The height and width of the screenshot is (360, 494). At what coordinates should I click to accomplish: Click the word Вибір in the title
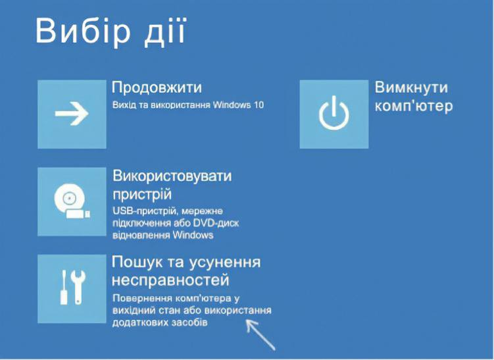coord(82,31)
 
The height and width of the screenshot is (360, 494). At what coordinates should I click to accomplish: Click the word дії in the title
coord(164,31)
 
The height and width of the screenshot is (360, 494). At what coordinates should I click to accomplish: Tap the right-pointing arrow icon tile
coord(72,114)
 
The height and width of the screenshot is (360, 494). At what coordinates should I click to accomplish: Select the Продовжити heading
coord(157,88)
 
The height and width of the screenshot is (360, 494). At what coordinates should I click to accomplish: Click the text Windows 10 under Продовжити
coord(238,105)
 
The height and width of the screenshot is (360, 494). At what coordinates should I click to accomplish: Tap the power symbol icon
coord(334,113)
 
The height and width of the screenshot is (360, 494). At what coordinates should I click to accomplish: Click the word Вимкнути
coord(411,88)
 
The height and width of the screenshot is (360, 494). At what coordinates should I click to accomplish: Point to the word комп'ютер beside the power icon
coord(413,106)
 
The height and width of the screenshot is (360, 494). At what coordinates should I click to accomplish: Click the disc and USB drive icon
coord(72,202)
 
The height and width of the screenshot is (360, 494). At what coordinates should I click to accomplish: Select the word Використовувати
coord(172,176)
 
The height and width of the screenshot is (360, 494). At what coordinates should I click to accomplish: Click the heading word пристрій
coord(142,194)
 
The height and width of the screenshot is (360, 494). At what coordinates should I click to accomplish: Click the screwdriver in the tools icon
coord(64,287)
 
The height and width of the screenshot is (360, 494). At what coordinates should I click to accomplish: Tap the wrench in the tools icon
coord(78,287)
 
